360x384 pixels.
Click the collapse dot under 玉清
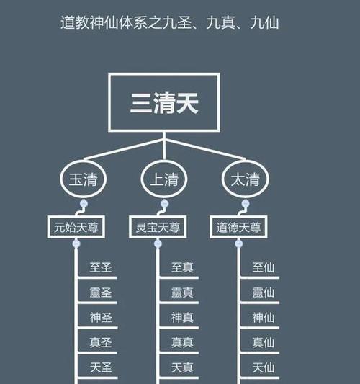pos(84,204)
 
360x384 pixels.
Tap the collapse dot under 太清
pos(246,204)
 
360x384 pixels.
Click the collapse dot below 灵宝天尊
pos(158,244)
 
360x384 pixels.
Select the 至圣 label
pos(101,267)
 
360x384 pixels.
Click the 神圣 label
pos(101,318)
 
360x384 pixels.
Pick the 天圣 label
pos(101,367)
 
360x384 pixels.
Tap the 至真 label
pos(182,267)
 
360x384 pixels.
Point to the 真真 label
pos(182,343)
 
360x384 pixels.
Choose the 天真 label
pos(182,367)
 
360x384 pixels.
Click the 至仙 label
pos(264,267)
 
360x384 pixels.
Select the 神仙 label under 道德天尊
pos(264,318)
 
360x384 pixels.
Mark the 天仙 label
pos(264,367)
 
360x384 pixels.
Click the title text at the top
pos(170,23)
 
